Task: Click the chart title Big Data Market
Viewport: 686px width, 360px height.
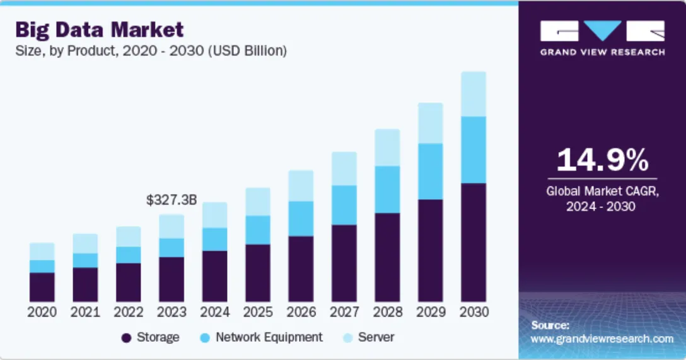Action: (x=100, y=29)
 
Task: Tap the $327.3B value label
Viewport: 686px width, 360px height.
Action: (x=171, y=200)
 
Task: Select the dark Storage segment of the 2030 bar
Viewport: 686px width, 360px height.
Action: (x=474, y=242)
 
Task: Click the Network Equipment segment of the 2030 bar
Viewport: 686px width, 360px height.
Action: (x=474, y=149)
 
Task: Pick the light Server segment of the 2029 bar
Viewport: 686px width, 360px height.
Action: (x=431, y=123)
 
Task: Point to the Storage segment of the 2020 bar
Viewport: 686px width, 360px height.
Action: (x=42, y=287)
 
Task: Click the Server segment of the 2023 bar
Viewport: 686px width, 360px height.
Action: (x=171, y=226)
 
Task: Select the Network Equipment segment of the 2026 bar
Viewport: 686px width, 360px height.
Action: (x=301, y=219)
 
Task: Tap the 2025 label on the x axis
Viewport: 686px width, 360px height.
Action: (x=258, y=312)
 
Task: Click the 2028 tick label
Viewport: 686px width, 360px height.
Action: (x=387, y=312)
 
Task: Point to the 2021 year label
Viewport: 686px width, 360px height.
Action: (x=85, y=312)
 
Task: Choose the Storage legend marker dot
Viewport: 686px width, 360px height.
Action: (x=126, y=338)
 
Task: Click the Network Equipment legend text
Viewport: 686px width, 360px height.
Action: (x=269, y=337)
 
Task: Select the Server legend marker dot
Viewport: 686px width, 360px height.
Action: (x=347, y=338)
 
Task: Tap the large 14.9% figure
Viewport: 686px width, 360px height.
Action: (x=602, y=161)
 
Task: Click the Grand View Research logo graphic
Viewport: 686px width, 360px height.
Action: (x=602, y=31)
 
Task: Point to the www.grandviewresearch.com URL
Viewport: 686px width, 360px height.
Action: (x=602, y=339)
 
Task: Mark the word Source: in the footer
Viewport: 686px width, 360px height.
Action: (x=550, y=325)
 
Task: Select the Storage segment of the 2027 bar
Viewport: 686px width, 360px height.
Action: (x=344, y=263)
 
